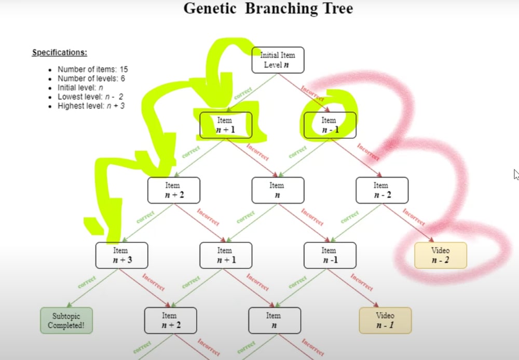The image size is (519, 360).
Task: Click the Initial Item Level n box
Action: point(278,60)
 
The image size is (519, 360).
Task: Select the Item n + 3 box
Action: point(121,255)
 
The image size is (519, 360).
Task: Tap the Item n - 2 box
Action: point(381,190)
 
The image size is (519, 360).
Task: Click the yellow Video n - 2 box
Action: point(440,255)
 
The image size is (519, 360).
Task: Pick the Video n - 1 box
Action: point(385,320)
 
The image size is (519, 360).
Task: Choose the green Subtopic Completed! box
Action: point(66,320)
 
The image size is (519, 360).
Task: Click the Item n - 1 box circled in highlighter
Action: point(330,125)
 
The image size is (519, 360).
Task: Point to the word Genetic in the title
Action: point(214,9)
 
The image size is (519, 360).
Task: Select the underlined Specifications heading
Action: point(59,52)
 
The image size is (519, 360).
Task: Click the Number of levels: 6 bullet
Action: point(91,78)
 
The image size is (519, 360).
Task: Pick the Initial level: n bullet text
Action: point(80,88)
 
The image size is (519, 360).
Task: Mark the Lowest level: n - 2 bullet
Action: point(90,97)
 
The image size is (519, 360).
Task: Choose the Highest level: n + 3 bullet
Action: point(91,106)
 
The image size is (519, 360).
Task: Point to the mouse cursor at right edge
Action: point(516,175)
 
